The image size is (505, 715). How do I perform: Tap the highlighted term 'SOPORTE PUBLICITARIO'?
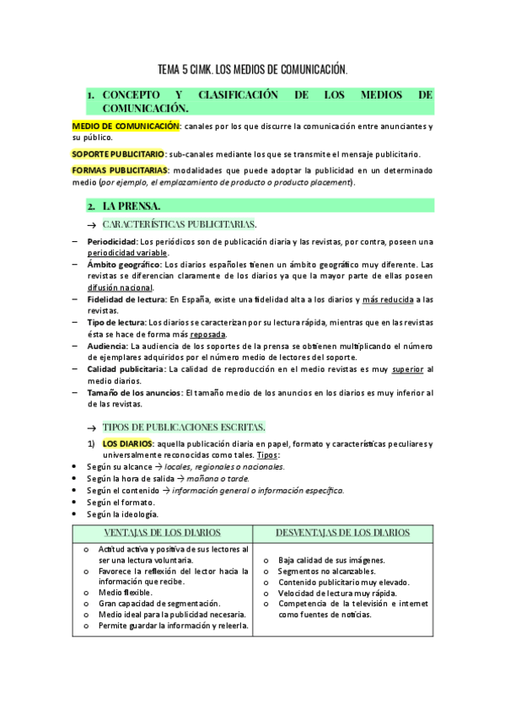coord(118,154)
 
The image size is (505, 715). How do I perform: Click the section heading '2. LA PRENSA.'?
coord(131,206)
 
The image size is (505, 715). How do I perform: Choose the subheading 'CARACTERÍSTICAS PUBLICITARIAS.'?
coord(179,224)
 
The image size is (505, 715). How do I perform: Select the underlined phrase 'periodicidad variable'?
coord(128,252)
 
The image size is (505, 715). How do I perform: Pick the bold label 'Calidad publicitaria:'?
coord(126,368)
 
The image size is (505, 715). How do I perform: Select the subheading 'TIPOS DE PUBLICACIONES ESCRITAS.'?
coord(184,427)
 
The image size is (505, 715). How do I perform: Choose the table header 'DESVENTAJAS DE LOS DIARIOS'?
coord(343,533)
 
